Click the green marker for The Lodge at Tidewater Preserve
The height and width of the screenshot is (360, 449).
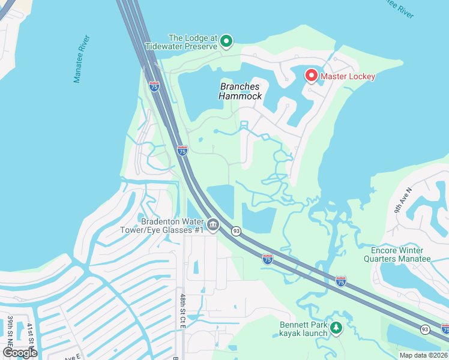click(226, 41)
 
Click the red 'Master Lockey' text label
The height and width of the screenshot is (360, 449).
click(348, 76)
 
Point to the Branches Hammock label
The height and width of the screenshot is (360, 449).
click(240, 91)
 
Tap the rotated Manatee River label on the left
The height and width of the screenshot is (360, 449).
click(82, 59)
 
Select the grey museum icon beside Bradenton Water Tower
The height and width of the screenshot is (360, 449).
click(214, 225)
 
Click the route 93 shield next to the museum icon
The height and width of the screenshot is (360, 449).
click(237, 231)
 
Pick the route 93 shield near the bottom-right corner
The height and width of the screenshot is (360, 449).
click(425, 329)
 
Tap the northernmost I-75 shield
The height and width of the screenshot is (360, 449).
click(154, 86)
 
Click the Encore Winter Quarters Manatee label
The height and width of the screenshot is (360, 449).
click(397, 254)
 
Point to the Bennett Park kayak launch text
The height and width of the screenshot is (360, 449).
click(303, 329)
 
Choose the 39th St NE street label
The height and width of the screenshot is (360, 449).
click(11, 330)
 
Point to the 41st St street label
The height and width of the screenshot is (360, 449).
click(29, 334)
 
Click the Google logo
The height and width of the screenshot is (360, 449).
click(19, 353)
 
